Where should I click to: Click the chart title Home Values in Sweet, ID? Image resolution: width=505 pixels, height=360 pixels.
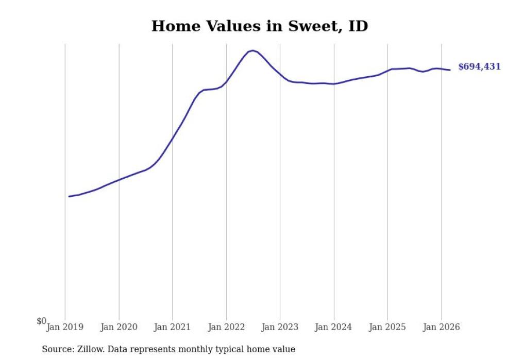pyautogui.click(x=260, y=26)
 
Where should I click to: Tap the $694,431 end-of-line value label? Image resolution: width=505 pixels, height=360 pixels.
pyautogui.click(x=479, y=67)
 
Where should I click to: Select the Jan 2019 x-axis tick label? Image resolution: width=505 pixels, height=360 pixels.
pyautogui.click(x=65, y=327)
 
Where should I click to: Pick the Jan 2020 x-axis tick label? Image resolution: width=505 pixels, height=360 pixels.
pyautogui.click(x=119, y=327)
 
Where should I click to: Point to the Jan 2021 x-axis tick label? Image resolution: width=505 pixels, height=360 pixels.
pyautogui.click(x=173, y=327)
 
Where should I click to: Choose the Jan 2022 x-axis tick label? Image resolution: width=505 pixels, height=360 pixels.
pyautogui.click(x=226, y=327)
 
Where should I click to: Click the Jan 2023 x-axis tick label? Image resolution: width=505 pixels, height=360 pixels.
pyautogui.click(x=280, y=327)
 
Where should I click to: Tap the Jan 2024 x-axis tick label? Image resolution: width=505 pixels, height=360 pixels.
pyautogui.click(x=334, y=327)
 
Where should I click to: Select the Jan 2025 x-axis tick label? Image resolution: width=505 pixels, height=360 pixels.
pyautogui.click(x=388, y=327)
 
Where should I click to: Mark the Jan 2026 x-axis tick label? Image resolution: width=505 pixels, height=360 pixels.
pyautogui.click(x=441, y=327)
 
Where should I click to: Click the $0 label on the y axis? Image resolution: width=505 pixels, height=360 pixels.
pyautogui.click(x=41, y=321)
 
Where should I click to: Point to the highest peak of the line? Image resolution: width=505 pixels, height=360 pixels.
pyautogui.click(x=252, y=50)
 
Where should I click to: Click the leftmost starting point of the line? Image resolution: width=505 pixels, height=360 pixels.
pyautogui.click(x=69, y=196)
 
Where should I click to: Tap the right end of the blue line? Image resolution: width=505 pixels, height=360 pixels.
pyautogui.click(x=450, y=70)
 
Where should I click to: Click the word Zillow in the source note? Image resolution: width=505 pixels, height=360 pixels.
pyautogui.click(x=90, y=350)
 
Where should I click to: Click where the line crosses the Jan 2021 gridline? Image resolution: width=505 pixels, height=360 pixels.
pyautogui.click(x=173, y=138)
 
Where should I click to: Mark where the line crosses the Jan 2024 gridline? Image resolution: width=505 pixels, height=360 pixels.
pyautogui.click(x=334, y=84)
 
